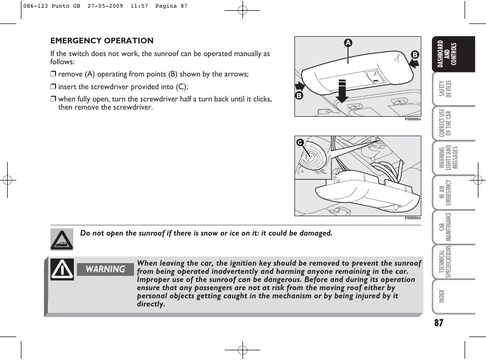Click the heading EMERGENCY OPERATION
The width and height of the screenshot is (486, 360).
pyautogui.click(x=102, y=41)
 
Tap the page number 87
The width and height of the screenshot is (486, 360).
pyautogui.click(x=439, y=323)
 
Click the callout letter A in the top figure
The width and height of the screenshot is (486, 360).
pyautogui.click(x=348, y=43)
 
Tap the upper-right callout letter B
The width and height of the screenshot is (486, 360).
pyautogui.click(x=415, y=55)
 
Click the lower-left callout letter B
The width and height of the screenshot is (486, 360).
pyautogui.click(x=300, y=95)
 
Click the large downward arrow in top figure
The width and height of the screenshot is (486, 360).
pyautogui.click(x=342, y=90)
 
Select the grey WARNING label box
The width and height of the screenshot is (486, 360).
pyautogui.click(x=105, y=269)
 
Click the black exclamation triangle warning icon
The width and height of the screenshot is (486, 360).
pyautogui.click(x=62, y=269)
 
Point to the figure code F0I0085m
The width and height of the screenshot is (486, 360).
pyautogui.click(x=413, y=119)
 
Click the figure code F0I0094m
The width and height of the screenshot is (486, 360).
pyautogui.click(x=413, y=218)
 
